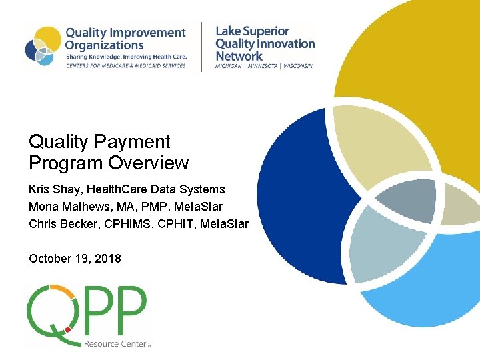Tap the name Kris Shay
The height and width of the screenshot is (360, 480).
[53, 190]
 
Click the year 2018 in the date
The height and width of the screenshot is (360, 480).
[108, 259]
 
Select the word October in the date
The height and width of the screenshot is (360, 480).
[49, 259]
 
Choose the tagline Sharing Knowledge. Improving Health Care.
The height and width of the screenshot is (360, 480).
[126, 57]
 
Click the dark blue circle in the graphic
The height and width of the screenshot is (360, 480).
[293, 193]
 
